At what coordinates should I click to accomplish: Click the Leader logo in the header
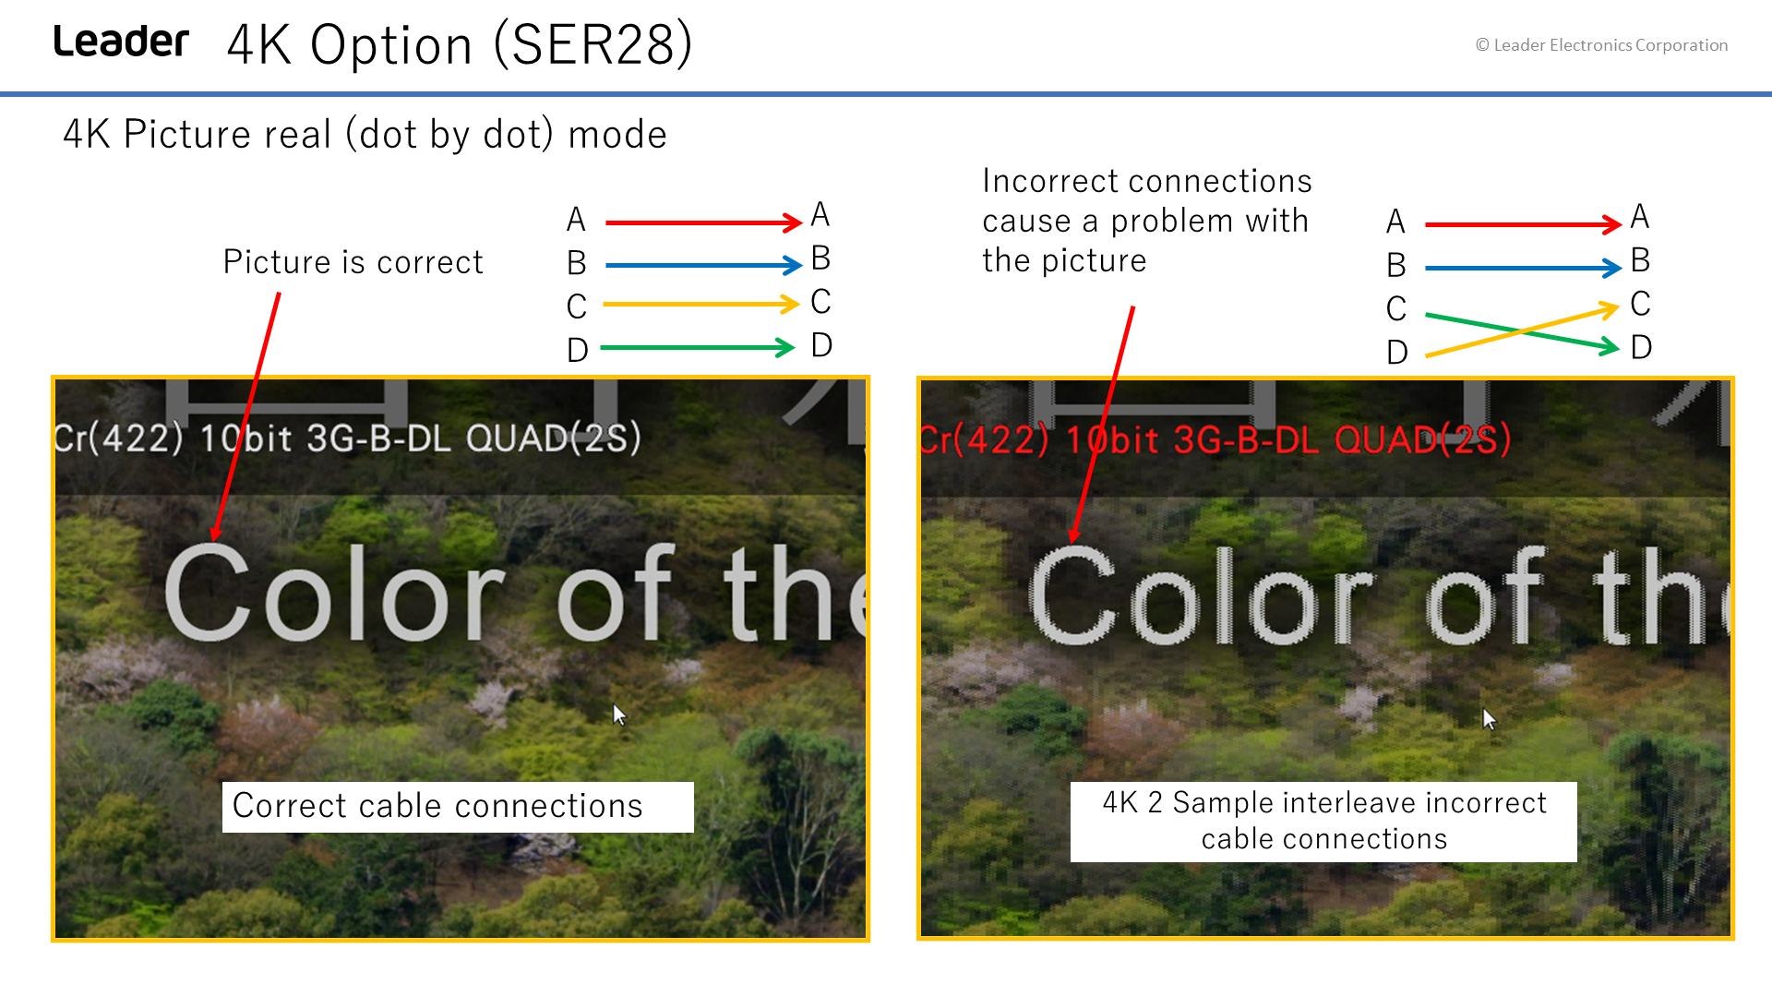(x=121, y=42)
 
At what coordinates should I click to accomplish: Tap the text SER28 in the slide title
(x=593, y=44)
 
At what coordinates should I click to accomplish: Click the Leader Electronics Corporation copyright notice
(x=1601, y=45)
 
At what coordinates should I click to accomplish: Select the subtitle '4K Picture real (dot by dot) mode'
(x=365, y=135)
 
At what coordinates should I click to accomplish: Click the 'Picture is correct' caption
(x=353, y=262)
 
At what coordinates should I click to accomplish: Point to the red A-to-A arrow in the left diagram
(x=703, y=222)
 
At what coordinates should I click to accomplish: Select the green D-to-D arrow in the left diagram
(x=697, y=348)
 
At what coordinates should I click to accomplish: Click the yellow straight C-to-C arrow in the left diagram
(x=700, y=304)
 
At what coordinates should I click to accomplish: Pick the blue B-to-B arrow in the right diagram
(x=1523, y=269)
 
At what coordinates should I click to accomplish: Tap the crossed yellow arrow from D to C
(x=1522, y=331)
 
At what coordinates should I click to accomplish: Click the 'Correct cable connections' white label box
(x=458, y=807)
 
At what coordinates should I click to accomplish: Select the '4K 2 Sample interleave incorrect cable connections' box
(x=1323, y=822)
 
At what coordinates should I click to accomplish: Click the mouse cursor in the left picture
(x=619, y=715)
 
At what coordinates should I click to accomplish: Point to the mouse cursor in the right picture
(x=1489, y=719)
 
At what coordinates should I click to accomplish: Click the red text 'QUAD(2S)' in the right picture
(x=1422, y=439)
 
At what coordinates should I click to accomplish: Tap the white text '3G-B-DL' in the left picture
(x=378, y=438)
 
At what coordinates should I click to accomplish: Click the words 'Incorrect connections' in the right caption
(x=1147, y=181)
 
